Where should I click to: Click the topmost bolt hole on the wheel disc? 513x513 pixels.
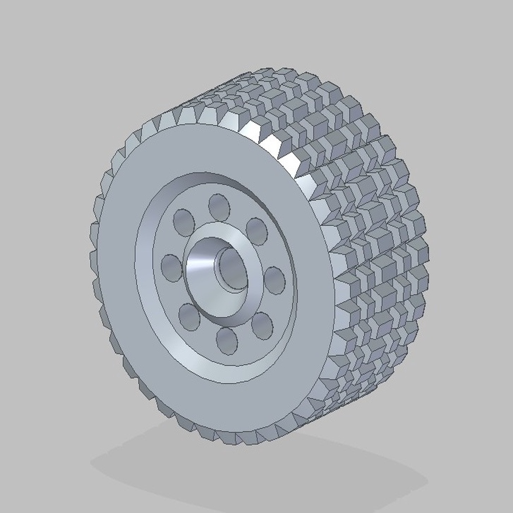pyautogui.click(x=219, y=207)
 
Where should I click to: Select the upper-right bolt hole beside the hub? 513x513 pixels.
pyautogui.click(x=256, y=231)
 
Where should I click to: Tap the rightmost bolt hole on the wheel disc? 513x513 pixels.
pyautogui.click(x=275, y=280)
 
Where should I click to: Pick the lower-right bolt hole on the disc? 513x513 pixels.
pyautogui.click(x=262, y=326)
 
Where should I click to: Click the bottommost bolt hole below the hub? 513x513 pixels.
pyautogui.click(x=226, y=341)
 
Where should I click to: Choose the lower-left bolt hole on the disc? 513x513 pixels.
pyautogui.click(x=189, y=317)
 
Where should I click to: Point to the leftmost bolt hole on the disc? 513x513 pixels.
pyautogui.click(x=171, y=268)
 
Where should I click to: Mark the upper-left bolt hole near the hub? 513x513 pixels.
pyautogui.click(x=184, y=222)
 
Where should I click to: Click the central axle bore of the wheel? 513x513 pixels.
pyautogui.click(x=233, y=270)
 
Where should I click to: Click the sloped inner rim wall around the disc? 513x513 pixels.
pyautogui.click(x=150, y=301)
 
